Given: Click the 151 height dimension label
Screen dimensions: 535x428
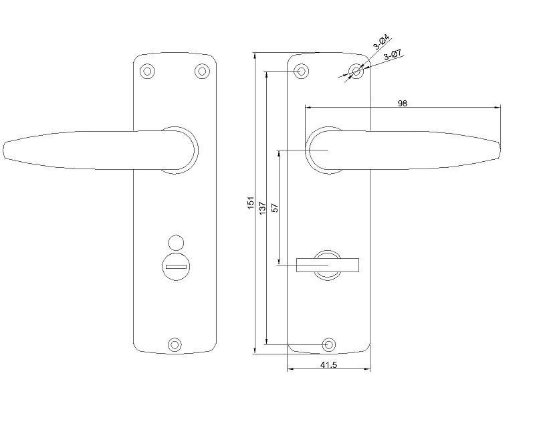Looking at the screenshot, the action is click(x=251, y=203).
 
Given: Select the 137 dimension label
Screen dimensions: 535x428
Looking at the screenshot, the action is click(x=262, y=208).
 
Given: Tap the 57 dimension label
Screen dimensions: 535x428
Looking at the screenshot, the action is click(x=275, y=208).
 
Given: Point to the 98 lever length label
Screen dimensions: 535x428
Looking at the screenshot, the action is click(x=403, y=103).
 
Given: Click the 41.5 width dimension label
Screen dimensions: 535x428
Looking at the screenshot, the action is click(x=328, y=365).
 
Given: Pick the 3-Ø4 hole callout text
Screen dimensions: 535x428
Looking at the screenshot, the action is click(x=381, y=41).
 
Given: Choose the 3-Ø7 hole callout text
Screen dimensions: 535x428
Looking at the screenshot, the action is click(x=393, y=55).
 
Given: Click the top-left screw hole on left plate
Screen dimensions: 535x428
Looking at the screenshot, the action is click(x=147, y=72).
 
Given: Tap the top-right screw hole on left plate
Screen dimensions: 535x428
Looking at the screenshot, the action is click(x=202, y=72).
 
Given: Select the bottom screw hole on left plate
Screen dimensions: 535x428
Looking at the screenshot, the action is click(x=175, y=344).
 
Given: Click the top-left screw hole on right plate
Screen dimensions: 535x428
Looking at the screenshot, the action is click(x=302, y=72).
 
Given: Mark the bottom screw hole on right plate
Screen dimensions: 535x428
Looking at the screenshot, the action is click(x=329, y=344).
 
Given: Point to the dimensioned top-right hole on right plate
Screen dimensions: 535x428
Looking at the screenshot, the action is click(x=356, y=72).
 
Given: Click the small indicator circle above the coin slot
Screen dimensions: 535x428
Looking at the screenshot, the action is click(x=176, y=242).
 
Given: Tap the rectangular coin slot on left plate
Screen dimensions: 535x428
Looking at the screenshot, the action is click(x=176, y=267).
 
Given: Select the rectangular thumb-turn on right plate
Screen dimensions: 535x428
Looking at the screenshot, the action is click(x=328, y=265).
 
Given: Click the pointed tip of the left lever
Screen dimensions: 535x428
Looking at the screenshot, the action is click(x=4, y=150).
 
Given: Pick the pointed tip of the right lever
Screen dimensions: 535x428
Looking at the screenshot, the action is click(x=500, y=150).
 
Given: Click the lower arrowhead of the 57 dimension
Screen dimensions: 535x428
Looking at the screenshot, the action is click(x=279, y=261).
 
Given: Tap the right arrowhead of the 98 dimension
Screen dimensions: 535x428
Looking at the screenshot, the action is click(x=498, y=108).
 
